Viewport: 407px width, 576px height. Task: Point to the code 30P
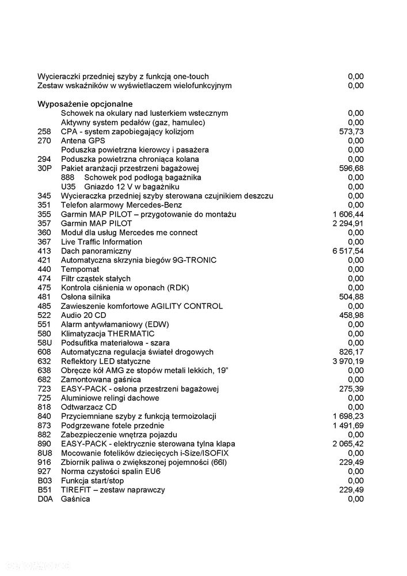(x=44, y=168)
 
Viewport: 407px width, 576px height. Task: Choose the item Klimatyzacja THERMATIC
(x=108, y=334)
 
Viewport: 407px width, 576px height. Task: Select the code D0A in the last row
(x=45, y=499)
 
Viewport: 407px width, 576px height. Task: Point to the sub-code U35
(x=68, y=187)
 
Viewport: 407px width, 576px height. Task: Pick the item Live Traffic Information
(x=101, y=242)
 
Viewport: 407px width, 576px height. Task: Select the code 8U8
(x=44, y=453)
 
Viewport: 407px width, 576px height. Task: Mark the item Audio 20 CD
(x=83, y=315)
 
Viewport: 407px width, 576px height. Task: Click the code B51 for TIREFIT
(x=44, y=490)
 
